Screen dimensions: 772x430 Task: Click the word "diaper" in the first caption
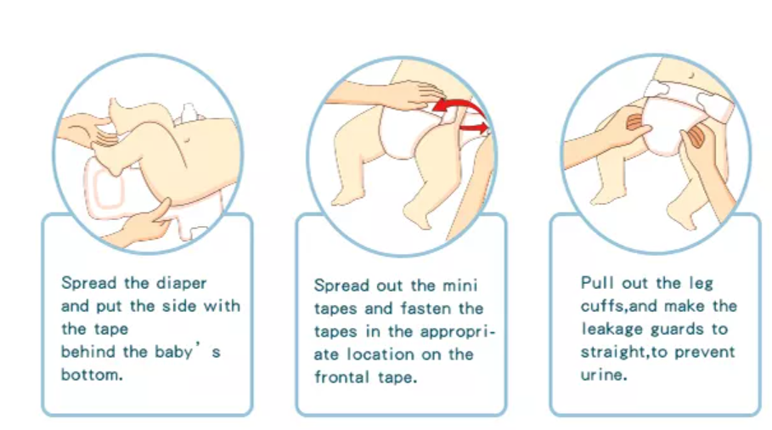pos(181,284)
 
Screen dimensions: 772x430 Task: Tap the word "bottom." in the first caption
pos(92,375)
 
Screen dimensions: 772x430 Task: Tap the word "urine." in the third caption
pos(604,375)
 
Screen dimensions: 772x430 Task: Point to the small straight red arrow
pos(474,128)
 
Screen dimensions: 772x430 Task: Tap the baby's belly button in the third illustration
pos(692,76)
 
